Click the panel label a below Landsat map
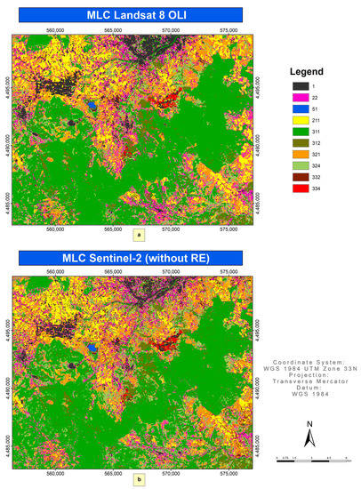(x=138, y=236)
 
